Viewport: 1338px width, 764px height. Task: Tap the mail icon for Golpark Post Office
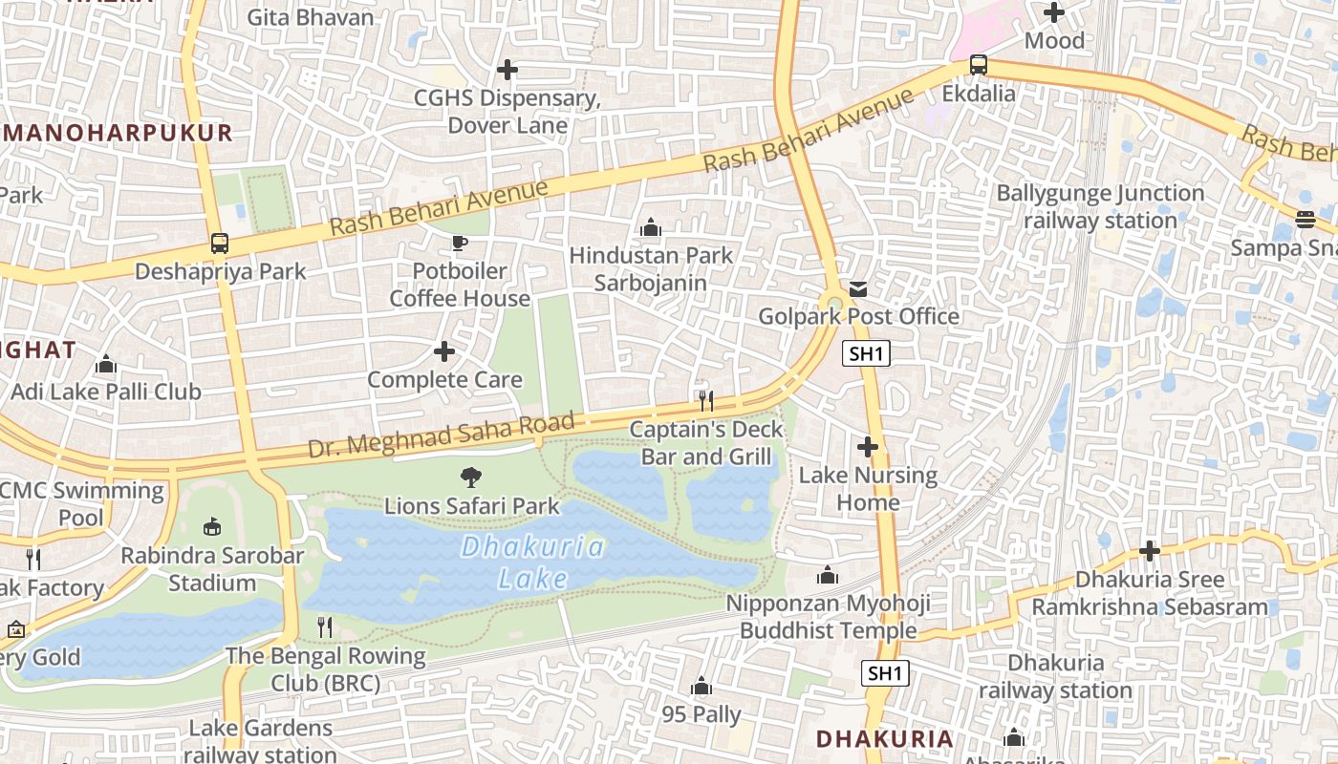(x=858, y=288)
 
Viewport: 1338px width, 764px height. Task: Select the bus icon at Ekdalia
(x=978, y=66)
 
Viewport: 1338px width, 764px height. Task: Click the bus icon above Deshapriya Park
(x=220, y=244)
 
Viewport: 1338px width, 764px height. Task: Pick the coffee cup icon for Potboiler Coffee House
(x=459, y=243)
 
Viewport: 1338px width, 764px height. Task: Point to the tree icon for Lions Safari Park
(x=470, y=477)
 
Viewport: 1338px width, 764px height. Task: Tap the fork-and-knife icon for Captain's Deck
(x=706, y=400)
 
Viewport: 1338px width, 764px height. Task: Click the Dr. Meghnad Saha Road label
(x=441, y=435)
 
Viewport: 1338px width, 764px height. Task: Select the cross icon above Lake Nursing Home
(x=868, y=446)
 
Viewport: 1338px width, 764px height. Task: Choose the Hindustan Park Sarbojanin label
(x=651, y=268)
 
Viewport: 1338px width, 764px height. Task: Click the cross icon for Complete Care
(x=444, y=351)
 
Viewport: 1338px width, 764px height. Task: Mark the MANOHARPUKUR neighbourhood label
(x=118, y=133)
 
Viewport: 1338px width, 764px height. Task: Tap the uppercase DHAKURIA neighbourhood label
(x=884, y=738)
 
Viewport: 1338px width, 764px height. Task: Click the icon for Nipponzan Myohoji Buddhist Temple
(x=827, y=575)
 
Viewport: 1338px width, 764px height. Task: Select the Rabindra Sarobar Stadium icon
(x=212, y=526)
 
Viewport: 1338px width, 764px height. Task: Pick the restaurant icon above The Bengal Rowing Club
(x=325, y=627)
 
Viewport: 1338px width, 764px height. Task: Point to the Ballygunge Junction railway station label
(x=1100, y=206)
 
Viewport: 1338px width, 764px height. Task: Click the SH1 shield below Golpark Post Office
(x=867, y=353)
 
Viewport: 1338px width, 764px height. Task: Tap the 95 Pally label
(x=701, y=714)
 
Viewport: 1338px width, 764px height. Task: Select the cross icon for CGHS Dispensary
(x=507, y=70)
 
